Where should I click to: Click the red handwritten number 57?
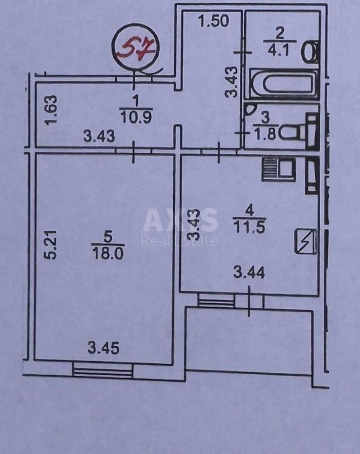tap(136, 48)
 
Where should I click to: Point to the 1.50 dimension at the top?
tap(214, 21)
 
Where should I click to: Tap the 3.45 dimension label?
tap(103, 348)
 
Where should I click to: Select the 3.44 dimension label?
tap(249, 272)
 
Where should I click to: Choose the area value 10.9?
tap(136, 118)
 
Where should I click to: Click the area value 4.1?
tap(280, 50)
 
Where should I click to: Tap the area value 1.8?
tap(266, 135)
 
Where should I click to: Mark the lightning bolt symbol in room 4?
tap(306, 241)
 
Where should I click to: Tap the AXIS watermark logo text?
tap(180, 220)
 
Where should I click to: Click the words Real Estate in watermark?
tap(180, 240)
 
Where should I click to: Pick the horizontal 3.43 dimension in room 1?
tap(99, 136)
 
